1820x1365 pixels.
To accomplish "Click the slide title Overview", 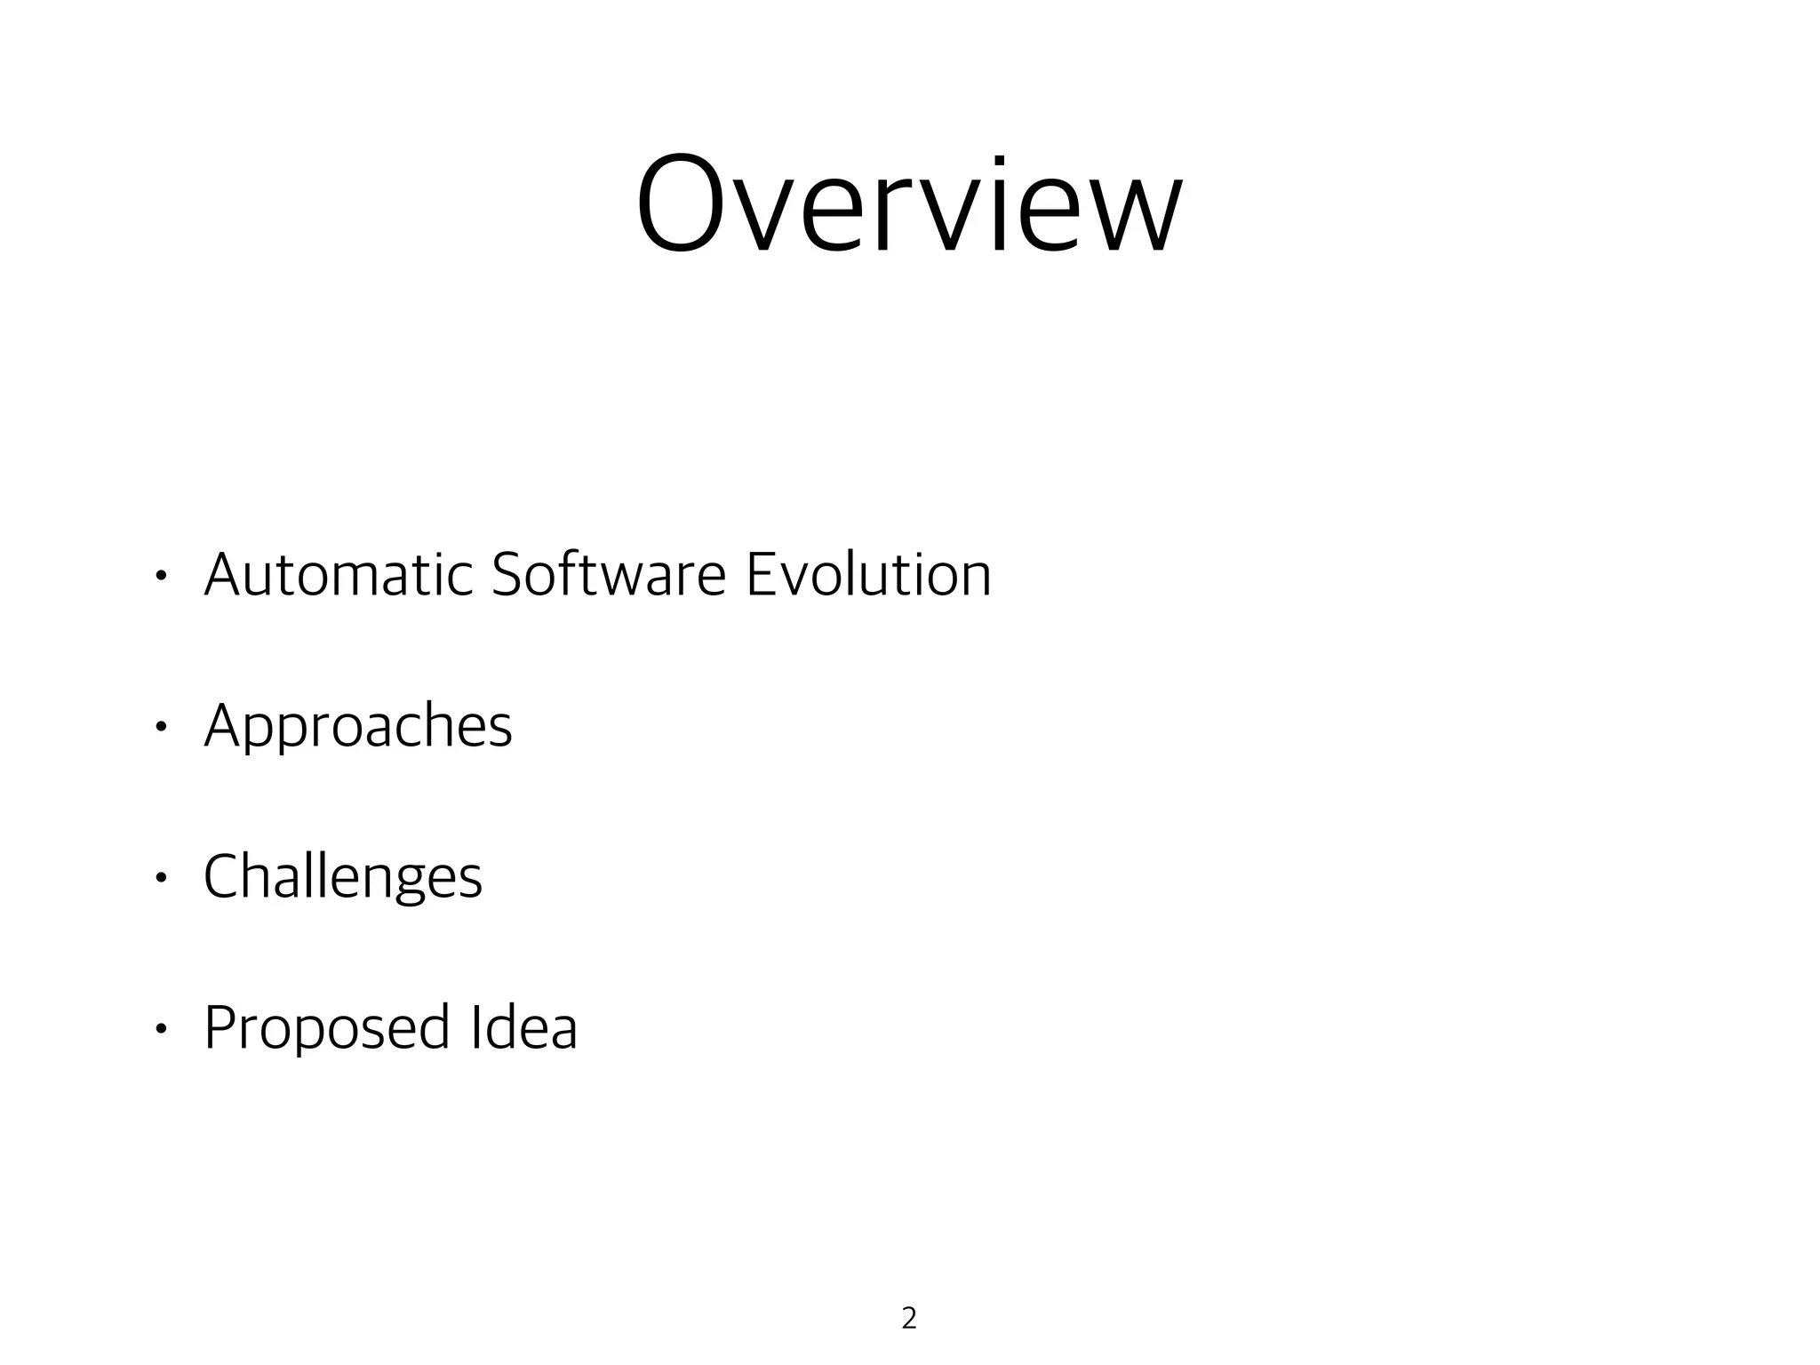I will [x=909, y=206].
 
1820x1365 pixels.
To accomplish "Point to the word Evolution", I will [x=868, y=574].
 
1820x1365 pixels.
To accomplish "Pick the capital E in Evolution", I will [x=762, y=574].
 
